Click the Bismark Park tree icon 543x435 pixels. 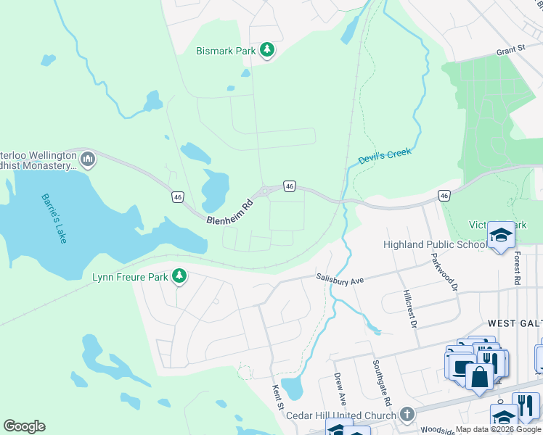268,50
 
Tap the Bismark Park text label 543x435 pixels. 226,51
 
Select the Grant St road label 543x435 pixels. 510,50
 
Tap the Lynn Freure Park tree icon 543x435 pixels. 179,276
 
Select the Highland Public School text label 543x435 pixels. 435,244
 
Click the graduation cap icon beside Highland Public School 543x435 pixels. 500,234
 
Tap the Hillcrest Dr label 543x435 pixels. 409,308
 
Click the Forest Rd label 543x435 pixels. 516,268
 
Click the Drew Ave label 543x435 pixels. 338,389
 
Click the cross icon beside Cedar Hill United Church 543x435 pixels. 407,415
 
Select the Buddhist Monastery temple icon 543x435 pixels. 88,159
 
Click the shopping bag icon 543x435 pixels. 479,376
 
